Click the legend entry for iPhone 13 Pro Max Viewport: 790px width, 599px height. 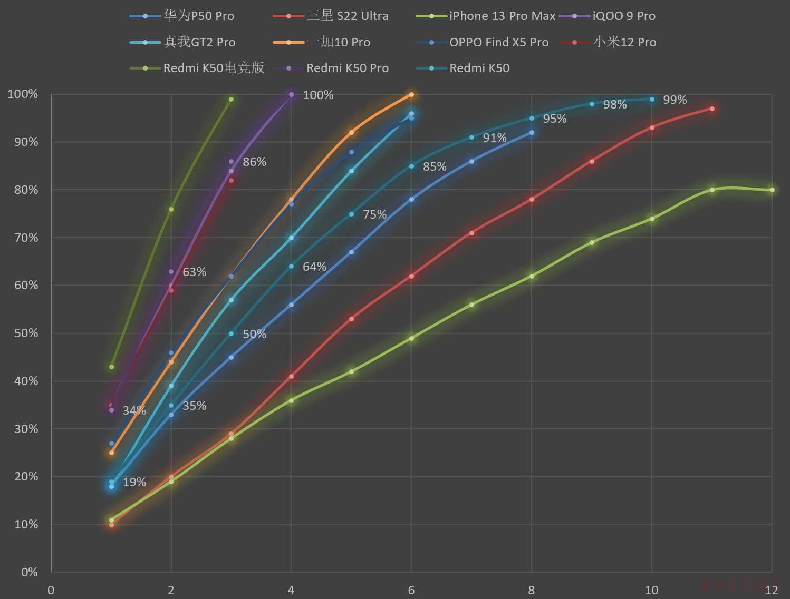pyautogui.click(x=502, y=16)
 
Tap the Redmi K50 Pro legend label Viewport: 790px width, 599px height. pyautogui.click(x=347, y=68)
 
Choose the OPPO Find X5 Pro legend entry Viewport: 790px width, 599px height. pyautogui.click(x=498, y=42)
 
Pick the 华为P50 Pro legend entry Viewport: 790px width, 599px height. pyautogui.click(x=198, y=16)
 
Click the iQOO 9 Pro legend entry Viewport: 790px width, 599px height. pyautogui.click(x=623, y=16)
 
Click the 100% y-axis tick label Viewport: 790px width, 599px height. pyautogui.click(x=23, y=94)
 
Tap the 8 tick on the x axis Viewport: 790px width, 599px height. pyautogui.click(x=532, y=590)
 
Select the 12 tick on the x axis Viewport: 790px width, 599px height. pyautogui.click(x=772, y=590)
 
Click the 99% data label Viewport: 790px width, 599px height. pyautogui.click(x=675, y=100)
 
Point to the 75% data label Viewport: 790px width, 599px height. pyautogui.click(x=374, y=214)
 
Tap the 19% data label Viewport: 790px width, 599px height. pyautogui.click(x=134, y=482)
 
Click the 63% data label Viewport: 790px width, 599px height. pyautogui.click(x=194, y=272)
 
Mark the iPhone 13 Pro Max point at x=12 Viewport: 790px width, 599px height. pyautogui.click(x=772, y=190)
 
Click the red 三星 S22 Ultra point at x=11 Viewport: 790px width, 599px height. pyautogui.click(x=712, y=109)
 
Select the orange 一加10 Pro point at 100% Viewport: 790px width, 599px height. pyautogui.click(x=411, y=95)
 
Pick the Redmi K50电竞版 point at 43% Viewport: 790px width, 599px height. pyautogui.click(x=111, y=367)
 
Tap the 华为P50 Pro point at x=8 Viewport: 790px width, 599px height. pyautogui.click(x=532, y=133)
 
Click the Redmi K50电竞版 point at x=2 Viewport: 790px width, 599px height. pyautogui.click(x=171, y=209)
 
